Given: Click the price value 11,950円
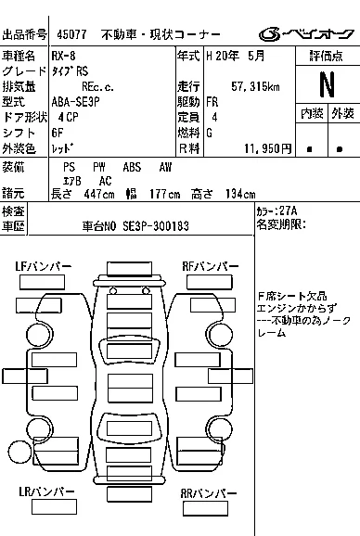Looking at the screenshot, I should click(266, 148).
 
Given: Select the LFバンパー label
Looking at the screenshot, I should click(43, 266).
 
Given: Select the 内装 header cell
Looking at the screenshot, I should click(312, 113).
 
